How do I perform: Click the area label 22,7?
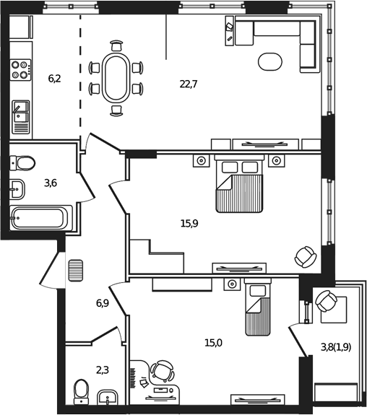[x=189, y=84]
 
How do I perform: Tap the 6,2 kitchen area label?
[x=54, y=78]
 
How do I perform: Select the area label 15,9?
[x=189, y=223]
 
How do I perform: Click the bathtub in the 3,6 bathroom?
[x=40, y=218]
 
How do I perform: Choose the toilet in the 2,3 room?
[x=81, y=394]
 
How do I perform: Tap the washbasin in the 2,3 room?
[x=109, y=397]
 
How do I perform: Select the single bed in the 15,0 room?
[x=256, y=308]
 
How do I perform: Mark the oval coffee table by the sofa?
[x=272, y=61]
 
